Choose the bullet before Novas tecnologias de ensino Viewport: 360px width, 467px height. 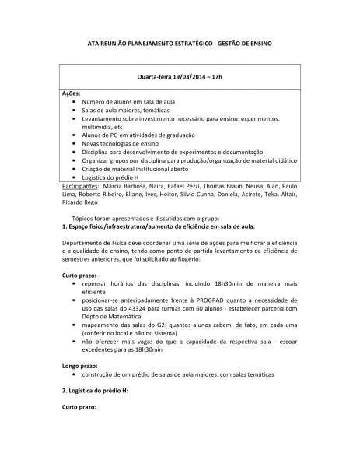74,144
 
